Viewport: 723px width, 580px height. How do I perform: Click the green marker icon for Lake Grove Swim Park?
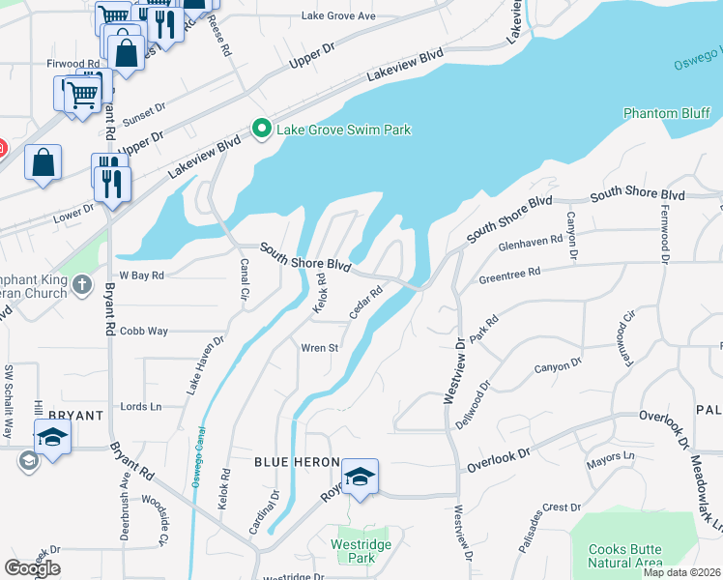[261, 129]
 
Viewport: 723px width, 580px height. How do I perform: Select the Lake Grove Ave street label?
[337, 16]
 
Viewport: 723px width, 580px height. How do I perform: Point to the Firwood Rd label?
[72, 64]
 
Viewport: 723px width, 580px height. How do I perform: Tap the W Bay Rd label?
[141, 275]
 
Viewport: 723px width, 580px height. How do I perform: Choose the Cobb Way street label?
[144, 332]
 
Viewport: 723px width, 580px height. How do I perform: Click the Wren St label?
[318, 348]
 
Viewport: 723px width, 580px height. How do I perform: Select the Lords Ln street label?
[140, 407]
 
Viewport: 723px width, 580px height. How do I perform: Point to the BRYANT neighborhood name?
[74, 416]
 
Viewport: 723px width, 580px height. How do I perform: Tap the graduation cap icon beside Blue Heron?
[360, 477]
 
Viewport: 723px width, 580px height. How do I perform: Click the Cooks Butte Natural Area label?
[625, 556]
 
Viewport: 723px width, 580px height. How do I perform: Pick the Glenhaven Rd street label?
[530, 240]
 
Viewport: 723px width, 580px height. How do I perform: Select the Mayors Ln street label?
[610, 454]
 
